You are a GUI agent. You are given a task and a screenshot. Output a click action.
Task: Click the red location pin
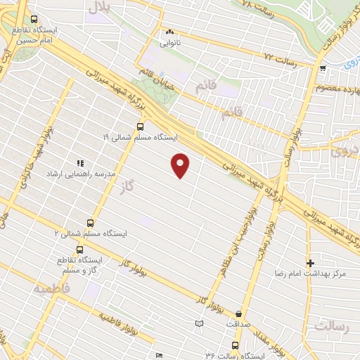click(x=181, y=165)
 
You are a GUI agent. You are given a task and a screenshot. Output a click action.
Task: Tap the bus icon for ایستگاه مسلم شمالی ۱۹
click(x=140, y=127)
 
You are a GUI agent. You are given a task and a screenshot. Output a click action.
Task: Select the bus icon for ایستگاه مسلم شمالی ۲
click(x=89, y=221)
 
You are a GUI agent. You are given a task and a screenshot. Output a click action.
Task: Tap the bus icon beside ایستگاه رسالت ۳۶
click(x=235, y=345)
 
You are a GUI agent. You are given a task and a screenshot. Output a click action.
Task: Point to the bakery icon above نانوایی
click(x=169, y=32)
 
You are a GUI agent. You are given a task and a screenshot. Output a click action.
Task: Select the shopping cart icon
click(x=322, y=68)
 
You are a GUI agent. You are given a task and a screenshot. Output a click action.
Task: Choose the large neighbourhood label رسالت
click(x=331, y=327)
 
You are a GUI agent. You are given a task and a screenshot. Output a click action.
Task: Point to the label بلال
click(x=98, y=8)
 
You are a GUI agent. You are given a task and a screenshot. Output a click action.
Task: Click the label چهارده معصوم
click(x=337, y=86)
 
